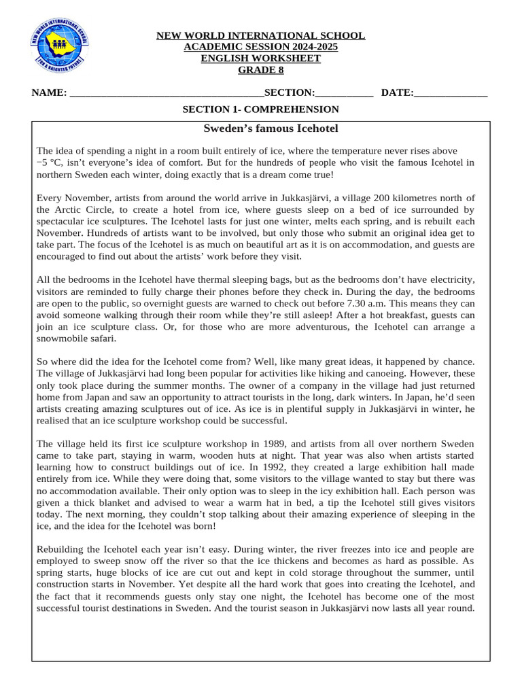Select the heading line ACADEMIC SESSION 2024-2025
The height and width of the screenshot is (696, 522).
point(261,47)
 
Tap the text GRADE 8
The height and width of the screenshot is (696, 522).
point(261,70)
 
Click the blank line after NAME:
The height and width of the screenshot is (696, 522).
point(167,93)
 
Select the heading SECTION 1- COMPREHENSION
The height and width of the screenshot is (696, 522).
point(261,109)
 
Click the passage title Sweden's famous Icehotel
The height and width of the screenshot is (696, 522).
point(261,128)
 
